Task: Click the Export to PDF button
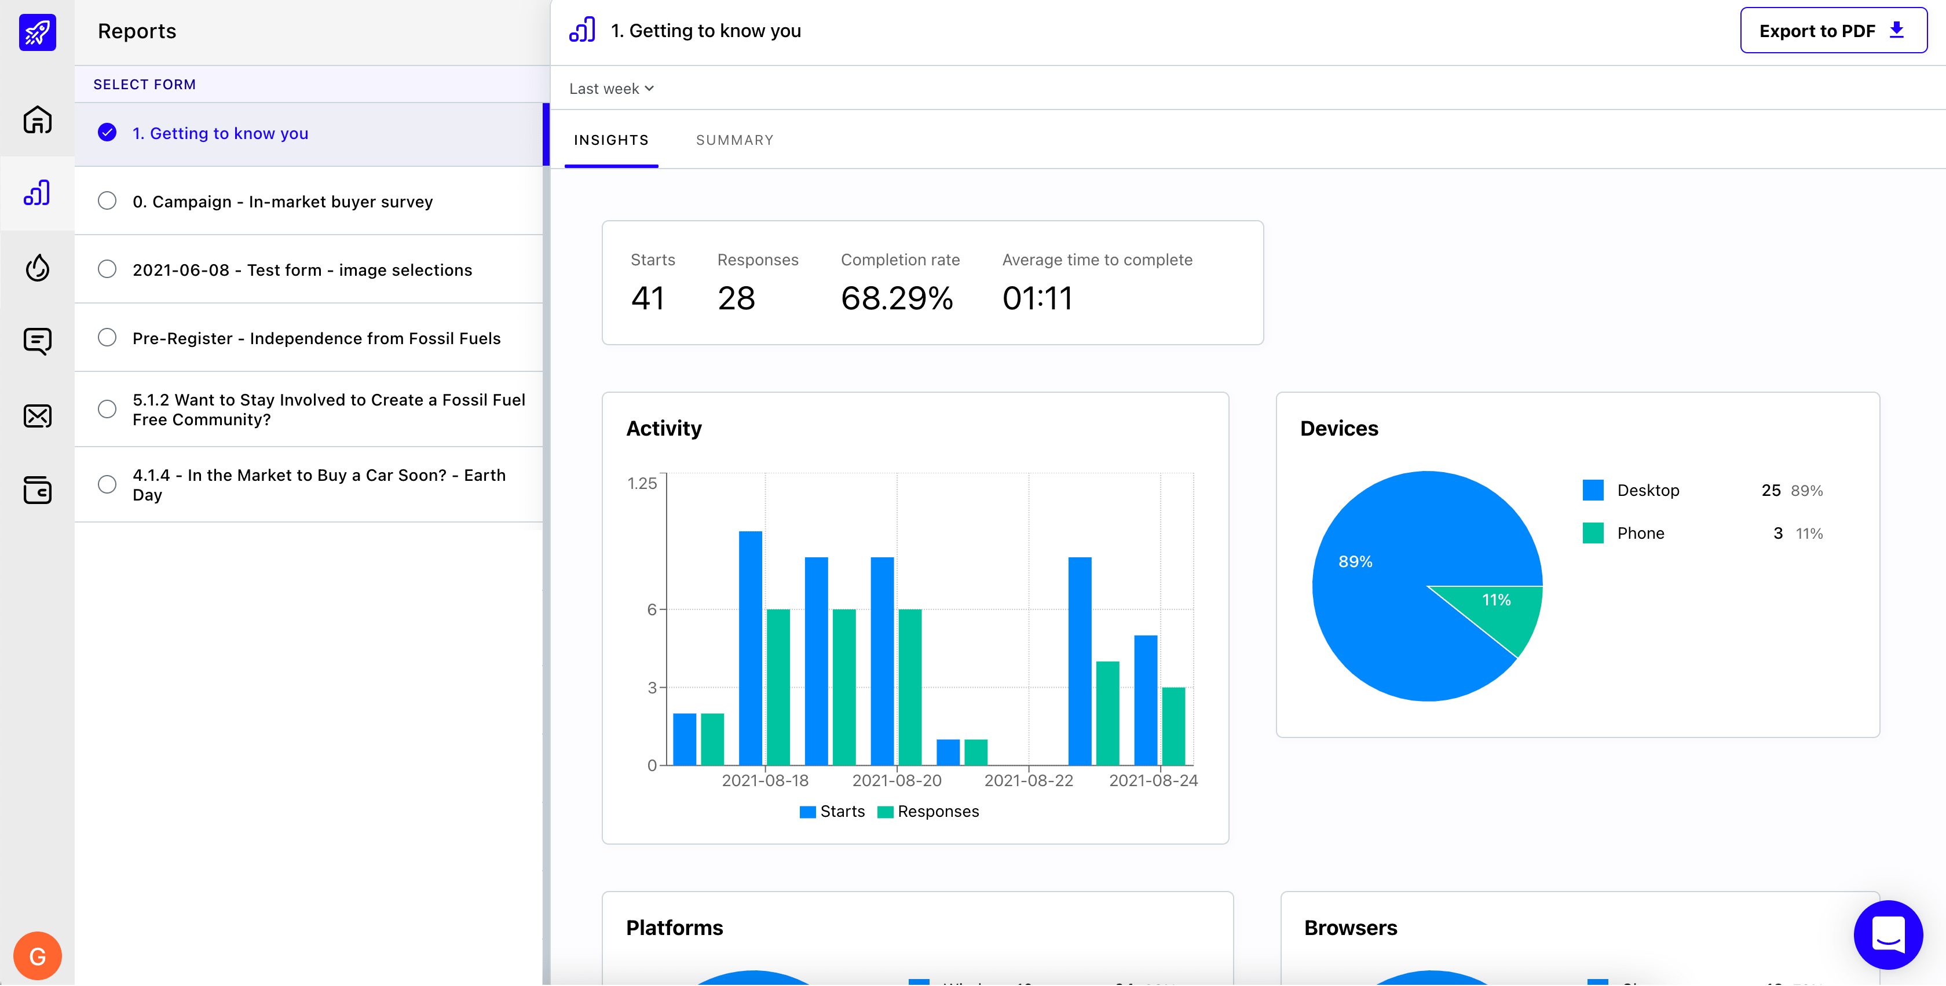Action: point(1832,31)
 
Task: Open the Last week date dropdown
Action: point(611,89)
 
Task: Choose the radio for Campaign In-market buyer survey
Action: point(107,201)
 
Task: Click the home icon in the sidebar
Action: point(37,119)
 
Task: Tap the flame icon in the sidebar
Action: point(37,268)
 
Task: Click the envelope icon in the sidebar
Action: point(37,415)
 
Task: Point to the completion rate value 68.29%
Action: point(897,298)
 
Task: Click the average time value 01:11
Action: point(1037,298)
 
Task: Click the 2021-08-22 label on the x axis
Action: point(1028,780)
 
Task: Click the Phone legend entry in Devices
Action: point(1640,534)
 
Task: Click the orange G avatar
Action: point(37,956)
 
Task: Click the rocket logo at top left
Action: point(37,32)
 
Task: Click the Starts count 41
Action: point(648,298)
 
